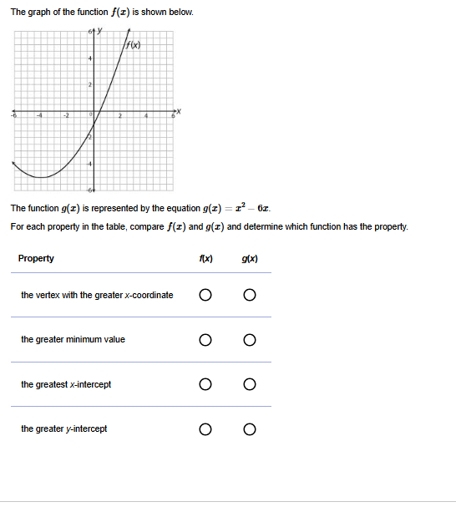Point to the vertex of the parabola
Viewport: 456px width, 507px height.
click(39, 177)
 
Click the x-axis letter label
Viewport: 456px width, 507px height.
click(176, 111)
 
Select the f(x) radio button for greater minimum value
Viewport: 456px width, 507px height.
click(205, 340)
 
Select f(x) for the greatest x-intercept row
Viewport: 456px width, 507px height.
click(205, 385)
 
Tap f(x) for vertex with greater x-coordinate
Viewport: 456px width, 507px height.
click(205, 295)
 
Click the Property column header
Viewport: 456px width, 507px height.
click(36, 258)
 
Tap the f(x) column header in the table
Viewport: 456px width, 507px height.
click(205, 258)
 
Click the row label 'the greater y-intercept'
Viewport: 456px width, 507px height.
click(64, 429)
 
